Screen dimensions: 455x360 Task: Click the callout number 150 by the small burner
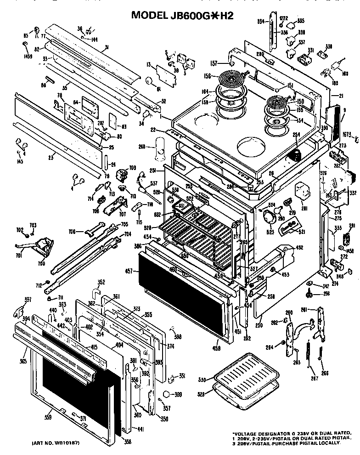(x=300, y=101)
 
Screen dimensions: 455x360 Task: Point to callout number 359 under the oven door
(x=47, y=417)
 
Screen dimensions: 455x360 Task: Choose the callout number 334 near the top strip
(x=260, y=21)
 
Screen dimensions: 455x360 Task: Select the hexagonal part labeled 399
(x=167, y=394)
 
